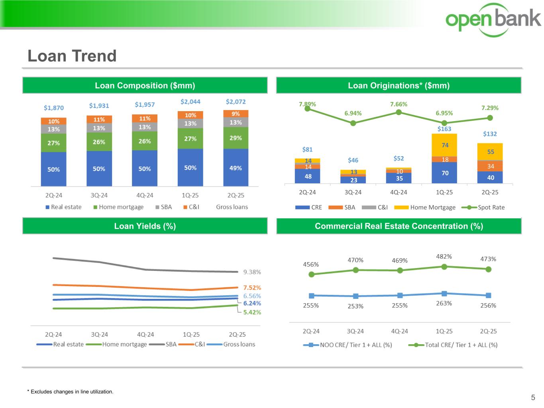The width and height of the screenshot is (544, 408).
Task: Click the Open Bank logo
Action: click(493, 19)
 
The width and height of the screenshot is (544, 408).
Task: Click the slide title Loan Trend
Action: click(72, 56)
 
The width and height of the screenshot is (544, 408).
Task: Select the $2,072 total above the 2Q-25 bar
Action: click(236, 102)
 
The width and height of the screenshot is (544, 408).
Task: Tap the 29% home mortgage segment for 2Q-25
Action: click(236, 138)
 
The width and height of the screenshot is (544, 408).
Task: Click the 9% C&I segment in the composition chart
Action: click(236, 114)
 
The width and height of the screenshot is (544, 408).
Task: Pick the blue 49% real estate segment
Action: click(236, 168)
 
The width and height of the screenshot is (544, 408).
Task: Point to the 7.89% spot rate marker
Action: click(307, 109)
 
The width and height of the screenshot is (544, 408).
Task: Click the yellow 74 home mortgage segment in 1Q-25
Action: click(444, 145)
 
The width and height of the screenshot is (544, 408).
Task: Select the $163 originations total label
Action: click(444, 129)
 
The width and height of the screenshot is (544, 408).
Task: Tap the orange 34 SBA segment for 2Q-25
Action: click(490, 166)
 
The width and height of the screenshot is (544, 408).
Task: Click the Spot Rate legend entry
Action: click(483, 207)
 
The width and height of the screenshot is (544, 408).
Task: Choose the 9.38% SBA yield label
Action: click(252, 272)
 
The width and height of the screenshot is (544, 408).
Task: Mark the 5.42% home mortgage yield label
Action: click(252, 312)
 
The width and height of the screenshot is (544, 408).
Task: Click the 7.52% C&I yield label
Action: click(252, 287)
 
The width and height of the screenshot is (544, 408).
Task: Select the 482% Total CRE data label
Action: click(444, 257)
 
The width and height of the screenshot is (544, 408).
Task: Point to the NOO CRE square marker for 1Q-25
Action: click(444, 294)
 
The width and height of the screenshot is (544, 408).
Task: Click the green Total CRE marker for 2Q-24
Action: click(312, 274)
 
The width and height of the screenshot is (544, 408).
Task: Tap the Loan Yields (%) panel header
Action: click(145, 226)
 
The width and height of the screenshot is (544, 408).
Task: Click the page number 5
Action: click(533, 397)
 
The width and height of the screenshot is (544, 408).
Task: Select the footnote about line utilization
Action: click(70, 392)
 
